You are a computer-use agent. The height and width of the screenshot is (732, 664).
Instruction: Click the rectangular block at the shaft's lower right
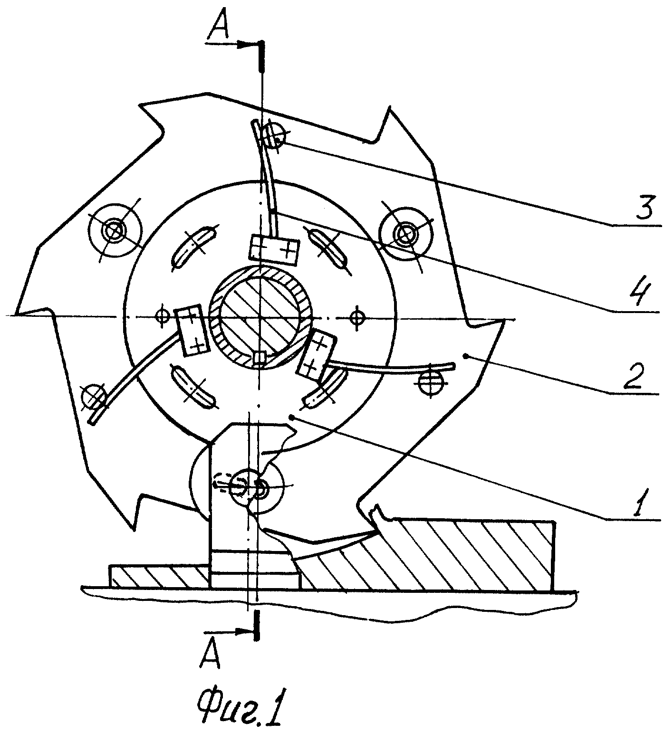316,354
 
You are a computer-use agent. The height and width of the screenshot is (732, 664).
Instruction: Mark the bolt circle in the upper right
405,233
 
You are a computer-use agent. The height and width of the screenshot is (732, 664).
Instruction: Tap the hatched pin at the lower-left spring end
93,395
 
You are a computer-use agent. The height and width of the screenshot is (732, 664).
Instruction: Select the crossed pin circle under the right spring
431,380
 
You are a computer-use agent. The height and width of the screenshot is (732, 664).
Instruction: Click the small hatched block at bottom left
160,576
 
